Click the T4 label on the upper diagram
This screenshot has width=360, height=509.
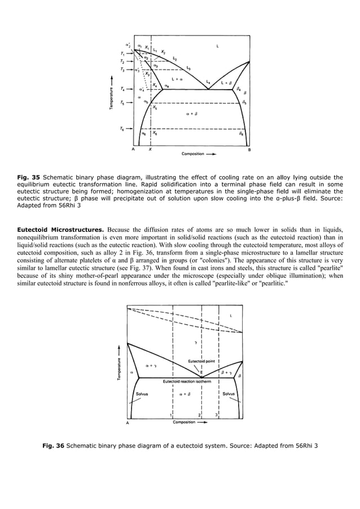pos(123,89)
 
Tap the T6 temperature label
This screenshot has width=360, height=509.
pos(123,129)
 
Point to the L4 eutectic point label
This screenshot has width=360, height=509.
pos(208,82)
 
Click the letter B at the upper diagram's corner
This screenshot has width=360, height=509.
pos(249,150)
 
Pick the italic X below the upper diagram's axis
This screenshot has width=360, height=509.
pos(150,150)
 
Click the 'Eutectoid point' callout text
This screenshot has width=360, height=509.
pos(201,361)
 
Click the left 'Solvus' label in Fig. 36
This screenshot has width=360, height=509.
pos(142,394)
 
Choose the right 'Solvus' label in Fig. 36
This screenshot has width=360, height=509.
pos(229,394)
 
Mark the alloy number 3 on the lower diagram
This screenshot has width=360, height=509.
pos(217,415)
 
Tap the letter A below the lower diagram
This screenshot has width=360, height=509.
pos(127,422)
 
